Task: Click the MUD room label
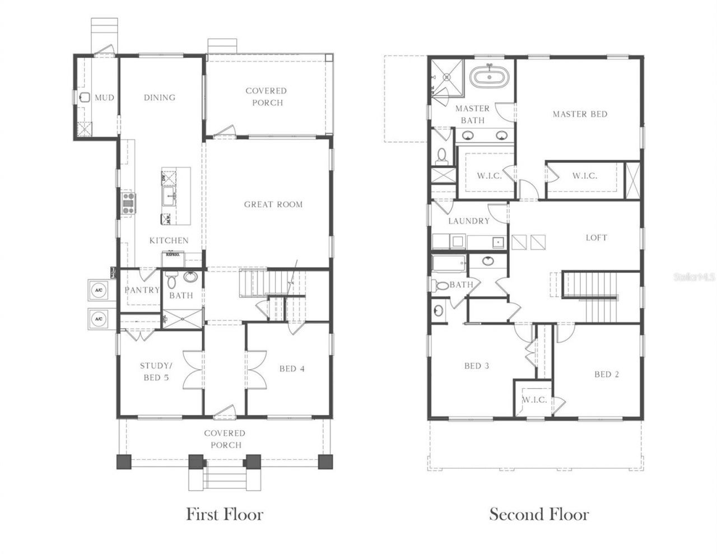pos(104,97)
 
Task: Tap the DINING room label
pos(160,97)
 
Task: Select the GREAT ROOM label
pos(273,204)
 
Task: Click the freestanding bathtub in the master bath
pos(489,76)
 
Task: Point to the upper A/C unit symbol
pos(99,290)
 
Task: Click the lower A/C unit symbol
pos(99,319)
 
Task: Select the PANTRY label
pos(142,290)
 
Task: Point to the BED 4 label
pos(292,369)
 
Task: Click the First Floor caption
pos(224,514)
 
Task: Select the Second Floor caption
pos(539,514)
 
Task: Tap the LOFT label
pos(596,238)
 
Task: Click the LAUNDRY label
pos(469,221)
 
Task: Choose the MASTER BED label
pos(580,114)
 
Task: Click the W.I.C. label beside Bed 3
pos(534,399)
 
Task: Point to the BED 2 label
pos(606,374)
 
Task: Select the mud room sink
pos(85,97)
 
